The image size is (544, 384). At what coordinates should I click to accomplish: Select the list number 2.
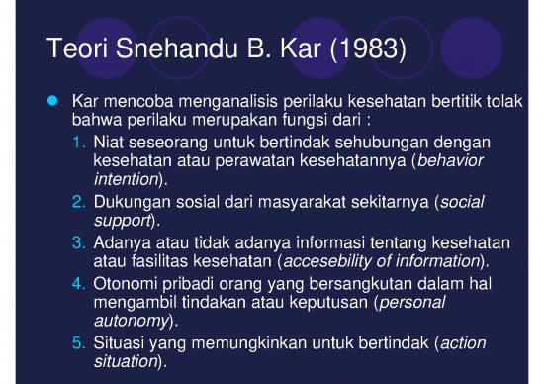click(78, 202)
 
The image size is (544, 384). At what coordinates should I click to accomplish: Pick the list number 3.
click(78, 240)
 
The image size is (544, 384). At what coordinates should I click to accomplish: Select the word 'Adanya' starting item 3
click(122, 240)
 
